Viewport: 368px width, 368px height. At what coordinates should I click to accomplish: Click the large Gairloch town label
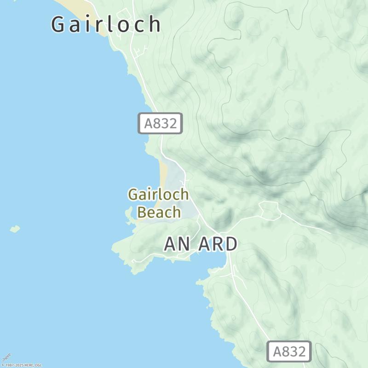[106, 24]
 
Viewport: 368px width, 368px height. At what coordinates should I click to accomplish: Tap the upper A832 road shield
[161, 123]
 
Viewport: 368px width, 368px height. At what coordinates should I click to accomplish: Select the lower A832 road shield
[289, 352]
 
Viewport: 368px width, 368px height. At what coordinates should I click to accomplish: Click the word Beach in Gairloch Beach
[159, 213]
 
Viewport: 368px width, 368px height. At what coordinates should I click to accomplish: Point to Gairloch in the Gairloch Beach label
[158, 194]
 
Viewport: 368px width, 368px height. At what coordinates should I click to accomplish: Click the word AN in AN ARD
[177, 244]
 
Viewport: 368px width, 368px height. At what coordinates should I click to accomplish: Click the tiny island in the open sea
[15, 229]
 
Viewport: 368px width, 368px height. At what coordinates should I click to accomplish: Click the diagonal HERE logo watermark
[6, 357]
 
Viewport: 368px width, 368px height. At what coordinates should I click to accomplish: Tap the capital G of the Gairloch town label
[58, 24]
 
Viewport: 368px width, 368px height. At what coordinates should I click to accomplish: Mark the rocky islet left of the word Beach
[129, 213]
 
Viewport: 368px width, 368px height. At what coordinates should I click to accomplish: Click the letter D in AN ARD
[230, 244]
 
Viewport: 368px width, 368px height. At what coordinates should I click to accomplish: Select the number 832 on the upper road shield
[164, 123]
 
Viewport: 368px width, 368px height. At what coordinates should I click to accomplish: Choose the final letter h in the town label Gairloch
[155, 24]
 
